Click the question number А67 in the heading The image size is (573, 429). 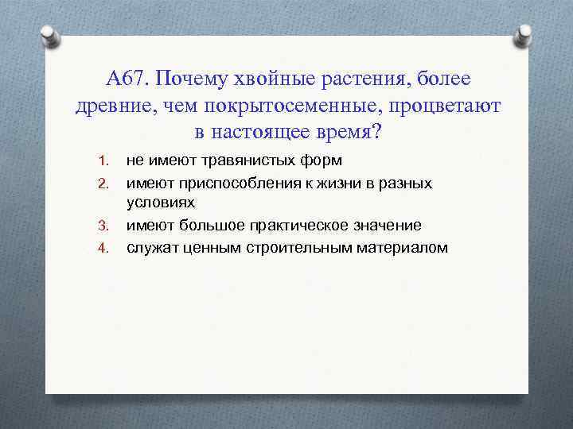[126, 79]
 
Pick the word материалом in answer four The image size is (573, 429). [403, 248]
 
